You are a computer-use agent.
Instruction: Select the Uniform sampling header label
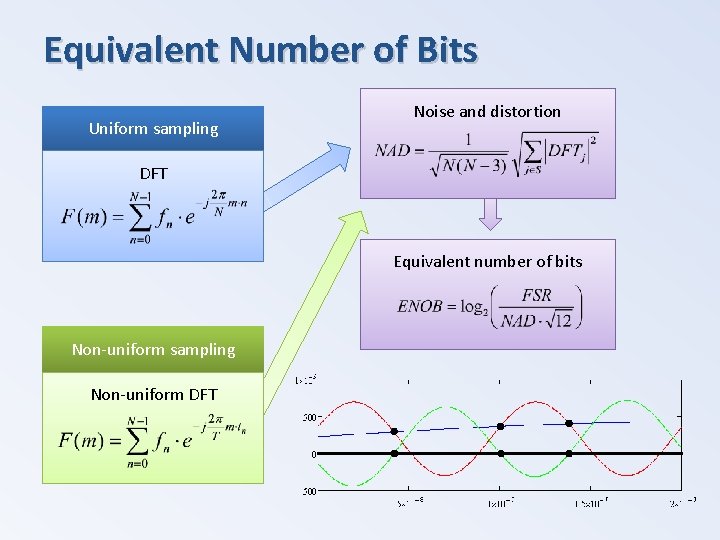(x=153, y=128)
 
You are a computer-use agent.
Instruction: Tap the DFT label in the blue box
(x=153, y=173)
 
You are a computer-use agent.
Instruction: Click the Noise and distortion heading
(x=487, y=111)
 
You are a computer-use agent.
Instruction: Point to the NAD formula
(x=486, y=152)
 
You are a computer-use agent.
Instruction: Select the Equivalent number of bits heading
(x=487, y=261)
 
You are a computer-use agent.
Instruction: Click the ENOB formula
(x=489, y=307)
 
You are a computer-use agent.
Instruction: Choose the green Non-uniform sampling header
(x=153, y=349)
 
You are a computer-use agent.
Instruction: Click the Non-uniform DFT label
(x=153, y=394)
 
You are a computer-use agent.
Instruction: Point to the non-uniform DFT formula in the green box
(x=153, y=440)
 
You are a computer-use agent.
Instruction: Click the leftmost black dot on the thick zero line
(x=394, y=453)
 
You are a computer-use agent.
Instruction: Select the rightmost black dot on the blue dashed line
(x=569, y=423)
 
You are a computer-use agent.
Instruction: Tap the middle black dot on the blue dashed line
(x=500, y=426)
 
